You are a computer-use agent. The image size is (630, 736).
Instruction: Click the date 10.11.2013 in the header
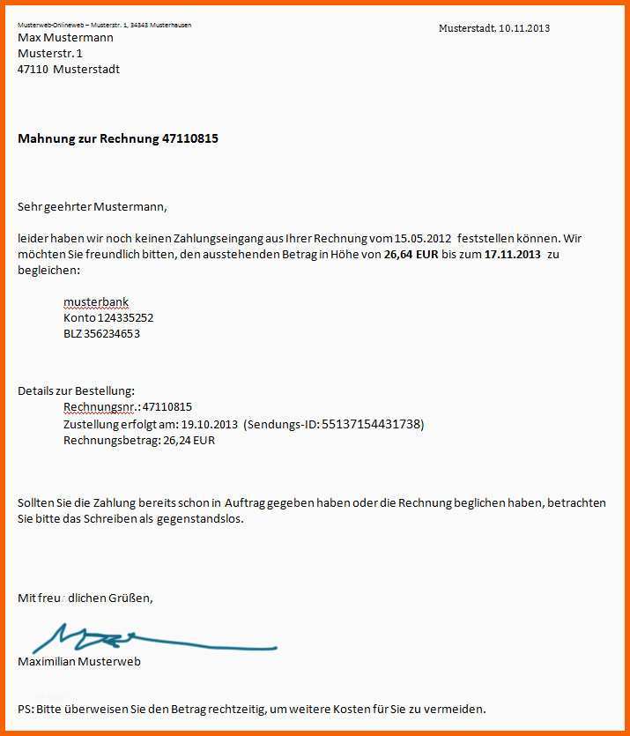(523, 28)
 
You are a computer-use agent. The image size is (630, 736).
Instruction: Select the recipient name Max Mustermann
(65, 38)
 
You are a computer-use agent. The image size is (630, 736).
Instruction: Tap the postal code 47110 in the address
(33, 70)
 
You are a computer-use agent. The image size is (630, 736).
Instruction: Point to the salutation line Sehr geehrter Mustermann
(92, 207)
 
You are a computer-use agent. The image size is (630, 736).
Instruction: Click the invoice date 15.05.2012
(423, 239)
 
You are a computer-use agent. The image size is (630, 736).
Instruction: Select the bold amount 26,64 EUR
(412, 255)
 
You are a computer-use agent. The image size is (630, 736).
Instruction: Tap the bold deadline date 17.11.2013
(513, 255)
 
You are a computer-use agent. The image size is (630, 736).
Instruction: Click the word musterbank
(96, 302)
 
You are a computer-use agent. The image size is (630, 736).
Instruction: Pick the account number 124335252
(126, 318)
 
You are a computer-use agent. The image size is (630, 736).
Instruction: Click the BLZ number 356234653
(112, 334)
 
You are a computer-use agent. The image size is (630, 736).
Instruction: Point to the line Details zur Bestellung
(77, 390)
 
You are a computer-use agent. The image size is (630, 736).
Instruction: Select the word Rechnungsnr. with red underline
(100, 407)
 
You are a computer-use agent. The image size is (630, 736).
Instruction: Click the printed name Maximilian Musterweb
(79, 662)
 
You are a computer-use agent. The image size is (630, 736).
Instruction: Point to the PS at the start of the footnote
(25, 709)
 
